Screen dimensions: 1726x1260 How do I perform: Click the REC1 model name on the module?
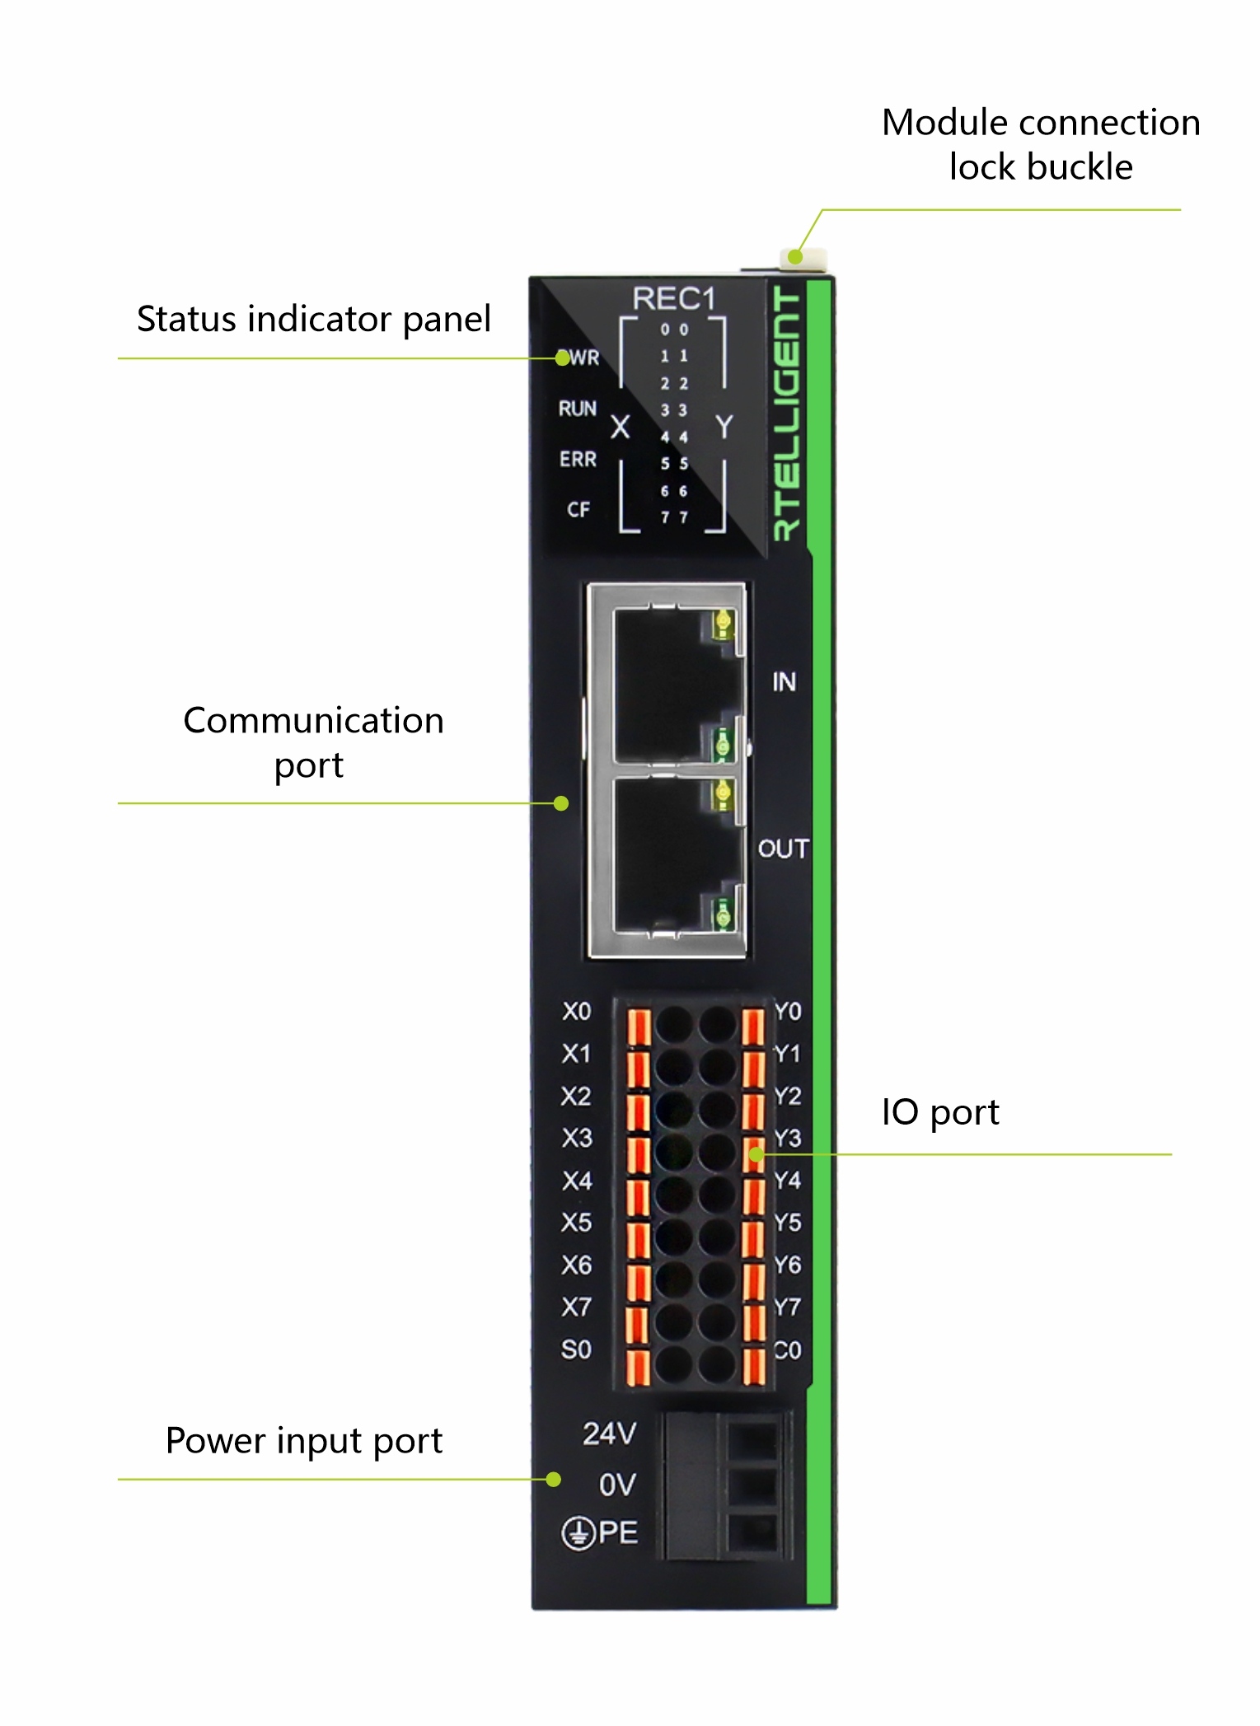tap(673, 299)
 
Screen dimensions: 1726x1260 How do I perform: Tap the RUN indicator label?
tap(577, 409)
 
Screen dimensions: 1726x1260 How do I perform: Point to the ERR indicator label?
tap(577, 459)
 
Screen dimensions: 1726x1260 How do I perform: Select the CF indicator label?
tap(578, 510)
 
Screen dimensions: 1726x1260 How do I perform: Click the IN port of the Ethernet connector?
tap(667, 684)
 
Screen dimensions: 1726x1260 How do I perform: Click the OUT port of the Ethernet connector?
tap(667, 857)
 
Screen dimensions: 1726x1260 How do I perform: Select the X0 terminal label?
tap(576, 1012)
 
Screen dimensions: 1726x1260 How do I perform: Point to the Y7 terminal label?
tap(787, 1307)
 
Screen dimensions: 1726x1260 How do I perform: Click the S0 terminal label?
tap(576, 1349)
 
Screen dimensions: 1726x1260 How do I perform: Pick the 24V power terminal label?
tap(609, 1434)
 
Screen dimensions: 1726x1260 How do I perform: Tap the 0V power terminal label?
tap(617, 1485)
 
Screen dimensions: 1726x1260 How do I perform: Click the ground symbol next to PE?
tap(578, 1534)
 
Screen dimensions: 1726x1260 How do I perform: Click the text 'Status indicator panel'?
tap(313, 319)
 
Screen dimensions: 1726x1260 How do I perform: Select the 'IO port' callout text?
tap(939, 1112)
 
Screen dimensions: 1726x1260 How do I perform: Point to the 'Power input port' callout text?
tap(303, 1441)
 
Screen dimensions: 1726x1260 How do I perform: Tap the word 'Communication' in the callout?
tap(313, 721)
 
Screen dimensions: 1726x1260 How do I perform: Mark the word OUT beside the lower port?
tap(783, 849)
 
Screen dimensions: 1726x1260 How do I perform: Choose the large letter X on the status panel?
tap(620, 427)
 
